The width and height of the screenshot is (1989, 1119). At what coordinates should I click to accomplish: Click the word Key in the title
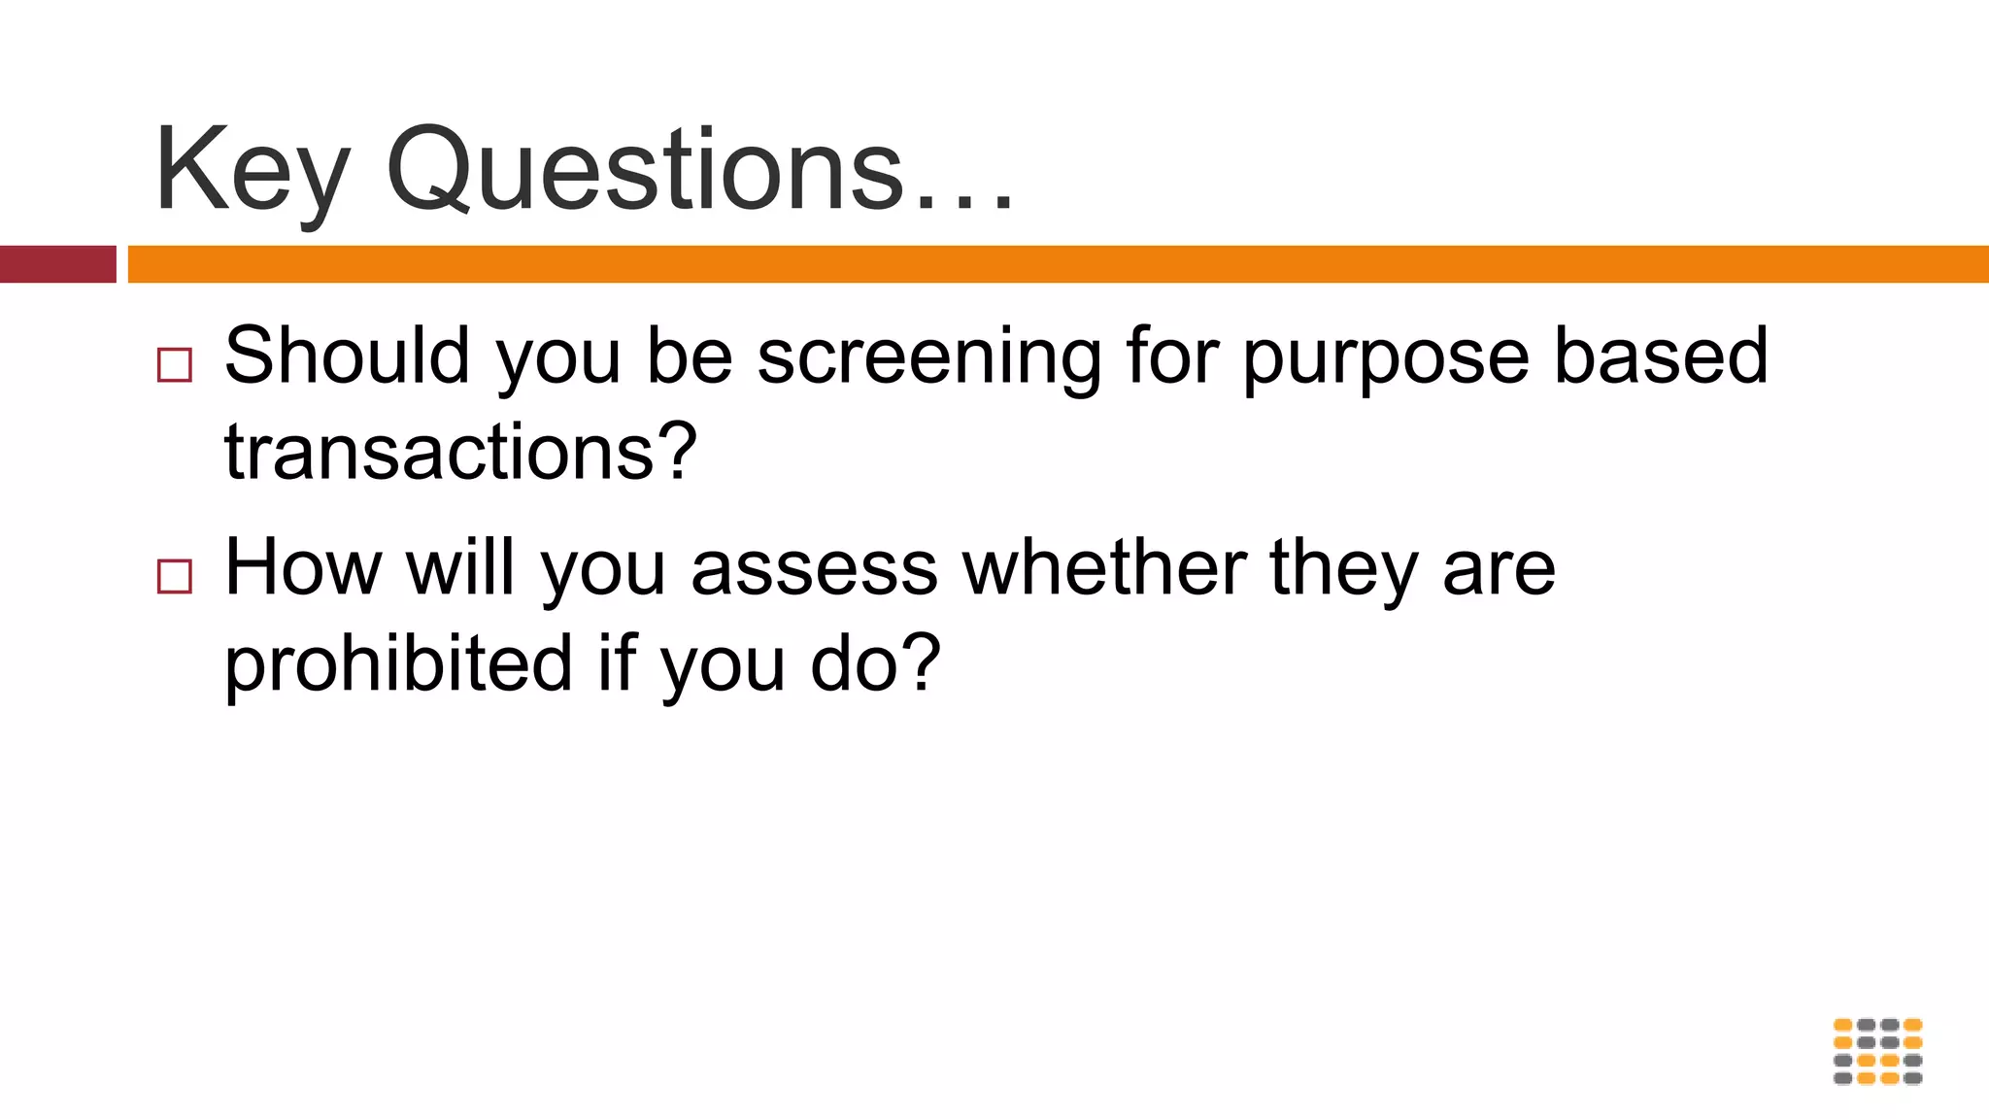[251, 171]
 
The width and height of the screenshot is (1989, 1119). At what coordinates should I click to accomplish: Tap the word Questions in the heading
[645, 169]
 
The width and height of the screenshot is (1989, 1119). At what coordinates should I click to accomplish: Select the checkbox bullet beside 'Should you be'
[175, 365]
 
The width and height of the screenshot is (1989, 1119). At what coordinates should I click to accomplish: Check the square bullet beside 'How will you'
[175, 576]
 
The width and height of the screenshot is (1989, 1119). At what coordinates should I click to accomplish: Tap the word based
[1661, 356]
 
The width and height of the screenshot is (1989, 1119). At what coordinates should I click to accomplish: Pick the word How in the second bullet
[303, 567]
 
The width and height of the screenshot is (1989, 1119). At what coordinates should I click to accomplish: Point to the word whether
[1104, 567]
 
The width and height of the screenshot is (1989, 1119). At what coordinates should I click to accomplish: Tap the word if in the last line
[616, 663]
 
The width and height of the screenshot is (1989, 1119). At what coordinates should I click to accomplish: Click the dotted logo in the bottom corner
[1877, 1051]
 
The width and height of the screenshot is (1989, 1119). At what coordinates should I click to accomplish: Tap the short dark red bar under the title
[57, 264]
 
